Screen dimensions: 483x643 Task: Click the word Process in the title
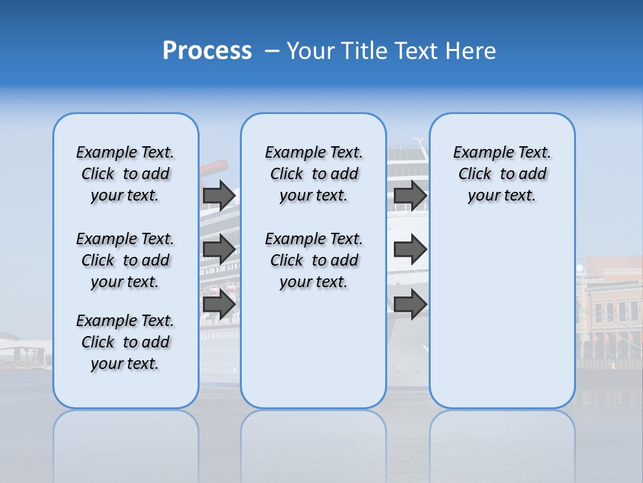(207, 50)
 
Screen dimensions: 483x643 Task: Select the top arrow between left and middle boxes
(218, 195)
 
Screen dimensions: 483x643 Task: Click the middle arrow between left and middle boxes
(218, 250)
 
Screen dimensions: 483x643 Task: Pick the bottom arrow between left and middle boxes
(218, 305)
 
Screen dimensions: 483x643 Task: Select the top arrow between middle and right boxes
(410, 195)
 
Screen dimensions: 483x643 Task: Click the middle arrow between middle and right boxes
(410, 250)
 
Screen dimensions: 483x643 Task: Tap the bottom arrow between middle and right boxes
(410, 305)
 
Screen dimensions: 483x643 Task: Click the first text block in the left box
(125, 174)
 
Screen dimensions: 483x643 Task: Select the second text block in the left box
(125, 260)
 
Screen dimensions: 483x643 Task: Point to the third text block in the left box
(125, 342)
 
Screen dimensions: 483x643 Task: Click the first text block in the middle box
(313, 174)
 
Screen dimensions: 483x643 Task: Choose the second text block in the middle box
(313, 260)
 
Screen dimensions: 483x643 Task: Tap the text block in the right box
(502, 174)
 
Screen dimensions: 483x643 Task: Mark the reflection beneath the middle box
(313, 436)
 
